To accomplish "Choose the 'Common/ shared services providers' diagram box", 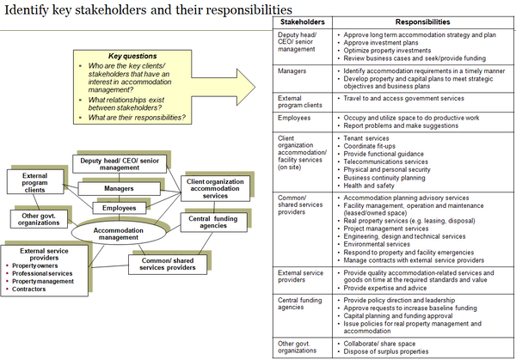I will (x=169, y=264).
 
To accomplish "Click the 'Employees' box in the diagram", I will (x=120, y=208).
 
